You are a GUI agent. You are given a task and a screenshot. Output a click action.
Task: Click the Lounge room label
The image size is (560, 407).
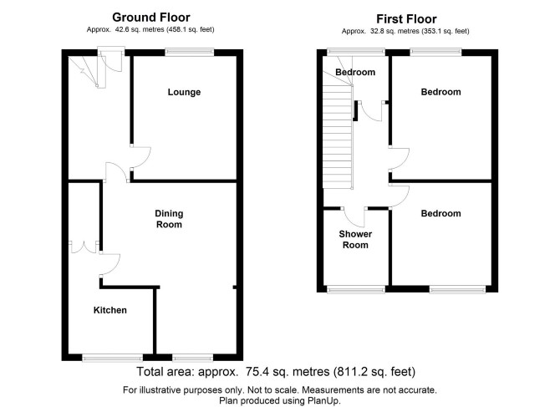(x=184, y=92)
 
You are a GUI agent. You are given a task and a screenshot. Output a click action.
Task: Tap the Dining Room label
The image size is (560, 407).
(x=169, y=219)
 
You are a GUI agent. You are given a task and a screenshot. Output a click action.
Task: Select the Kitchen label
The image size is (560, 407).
(x=110, y=310)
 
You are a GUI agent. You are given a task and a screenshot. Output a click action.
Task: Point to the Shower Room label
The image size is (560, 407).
(x=355, y=239)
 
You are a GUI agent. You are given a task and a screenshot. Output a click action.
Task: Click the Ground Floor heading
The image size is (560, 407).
(x=151, y=18)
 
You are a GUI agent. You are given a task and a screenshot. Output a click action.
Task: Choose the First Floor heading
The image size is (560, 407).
(x=406, y=19)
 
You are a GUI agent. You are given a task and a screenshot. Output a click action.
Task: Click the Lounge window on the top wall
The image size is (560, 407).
(x=190, y=53)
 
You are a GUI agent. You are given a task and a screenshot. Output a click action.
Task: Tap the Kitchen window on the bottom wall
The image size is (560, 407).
(x=113, y=358)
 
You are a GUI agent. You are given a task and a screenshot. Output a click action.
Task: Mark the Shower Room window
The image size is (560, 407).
(x=356, y=289)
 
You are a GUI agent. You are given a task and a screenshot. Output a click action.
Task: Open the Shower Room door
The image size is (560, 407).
(x=354, y=216)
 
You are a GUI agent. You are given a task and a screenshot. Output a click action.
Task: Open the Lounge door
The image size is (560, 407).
(x=140, y=157)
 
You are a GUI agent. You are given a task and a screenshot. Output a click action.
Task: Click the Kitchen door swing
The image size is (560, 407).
(x=109, y=264)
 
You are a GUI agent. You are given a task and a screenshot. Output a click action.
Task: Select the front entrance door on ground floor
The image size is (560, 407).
(x=110, y=61)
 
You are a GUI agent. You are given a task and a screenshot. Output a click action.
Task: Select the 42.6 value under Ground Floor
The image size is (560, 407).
(x=121, y=29)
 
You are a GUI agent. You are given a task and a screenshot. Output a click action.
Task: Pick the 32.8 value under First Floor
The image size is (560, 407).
(x=376, y=32)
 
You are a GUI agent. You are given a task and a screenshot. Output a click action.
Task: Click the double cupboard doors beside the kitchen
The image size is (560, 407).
(x=84, y=247)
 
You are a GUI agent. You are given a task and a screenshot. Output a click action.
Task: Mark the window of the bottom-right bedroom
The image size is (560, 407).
(x=457, y=289)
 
